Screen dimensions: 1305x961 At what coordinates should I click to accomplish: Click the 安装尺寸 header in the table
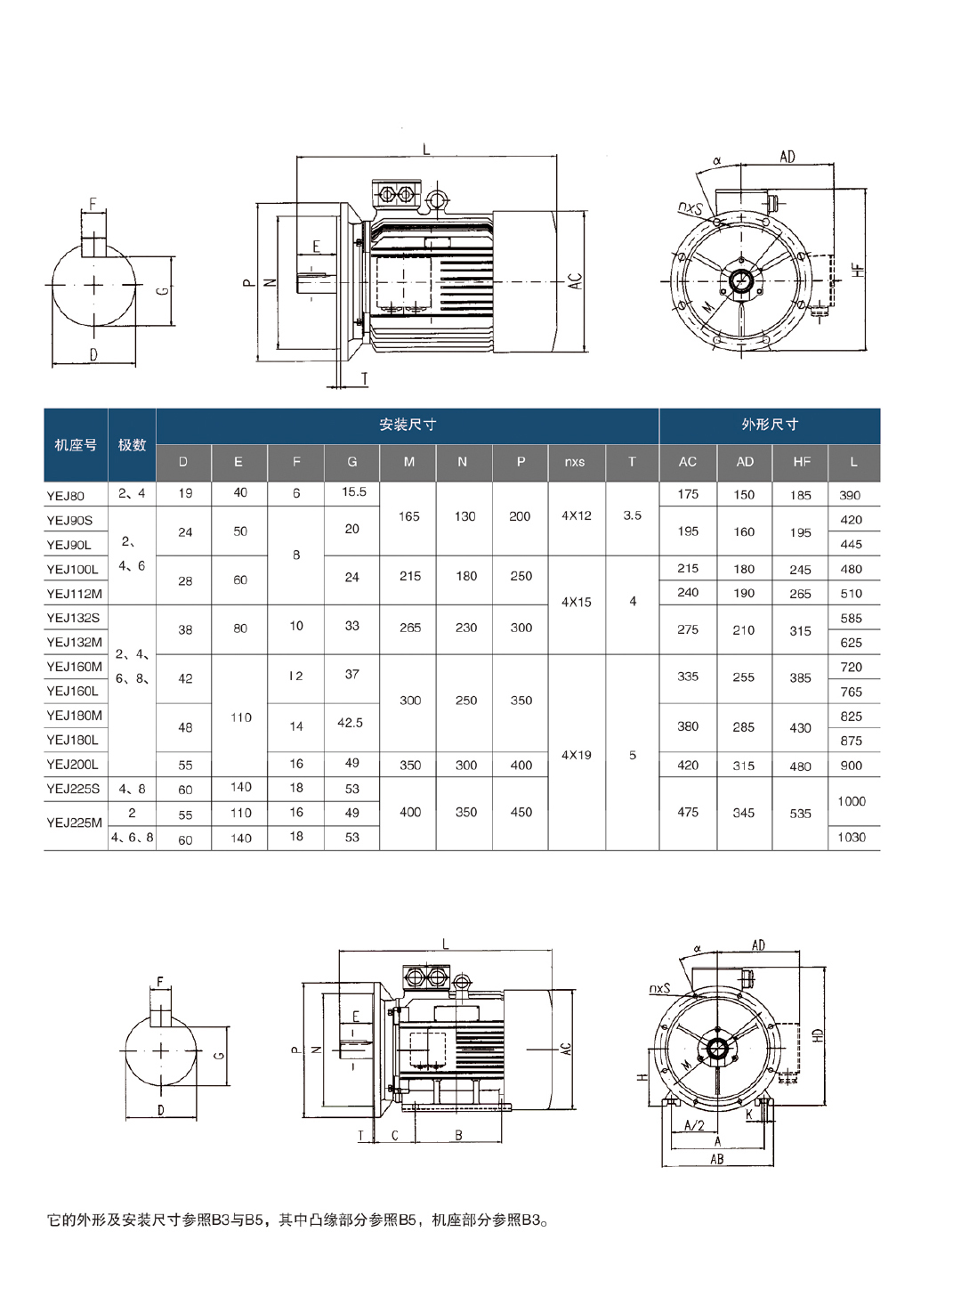pyautogui.click(x=408, y=425)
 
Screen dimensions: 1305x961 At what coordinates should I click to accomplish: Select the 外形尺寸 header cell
pyautogui.click(x=770, y=425)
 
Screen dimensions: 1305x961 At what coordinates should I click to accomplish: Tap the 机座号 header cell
pyautogui.click(x=76, y=444)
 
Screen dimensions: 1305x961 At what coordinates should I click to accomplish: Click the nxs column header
pyautogui.click(x=575, y=462)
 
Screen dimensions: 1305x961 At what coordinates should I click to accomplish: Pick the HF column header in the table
pyautogui.click(x=802, y=462)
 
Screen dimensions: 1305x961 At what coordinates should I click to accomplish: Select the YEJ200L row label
pyautogui.click(x=73, y=765)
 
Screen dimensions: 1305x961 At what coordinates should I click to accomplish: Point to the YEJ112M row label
pyautogui.click(x=74, y=594)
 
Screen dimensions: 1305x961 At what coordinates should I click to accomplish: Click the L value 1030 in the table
pyautogui.click(x=852, y=837)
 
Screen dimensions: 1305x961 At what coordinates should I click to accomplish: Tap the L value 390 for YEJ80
pyautogui.click(x=850, y=495)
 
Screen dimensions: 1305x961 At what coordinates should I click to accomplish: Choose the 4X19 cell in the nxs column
pyautogui.click(x=577, y=755)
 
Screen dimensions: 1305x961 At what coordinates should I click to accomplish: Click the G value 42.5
pyautogui.click(x=351, y=723)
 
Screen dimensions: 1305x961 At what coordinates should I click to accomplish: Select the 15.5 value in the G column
pyautogui.click(x=354, y=492)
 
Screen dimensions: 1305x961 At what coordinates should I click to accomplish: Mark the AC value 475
pyautogui.click(x=688, y=812)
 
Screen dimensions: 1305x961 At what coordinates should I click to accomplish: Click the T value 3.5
pyautogui.click(x=633, y=515)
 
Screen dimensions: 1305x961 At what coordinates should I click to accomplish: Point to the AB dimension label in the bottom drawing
pyautogui.click(x=717, y=1159)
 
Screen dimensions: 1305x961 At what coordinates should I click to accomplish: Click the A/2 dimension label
pyautogui.click(x=694, y=1126)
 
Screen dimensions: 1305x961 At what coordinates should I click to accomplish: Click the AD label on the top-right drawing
pyautogui.click(x=787, y=158)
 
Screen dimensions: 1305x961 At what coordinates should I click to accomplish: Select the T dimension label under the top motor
pyautogui.click(x=364, y=379)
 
